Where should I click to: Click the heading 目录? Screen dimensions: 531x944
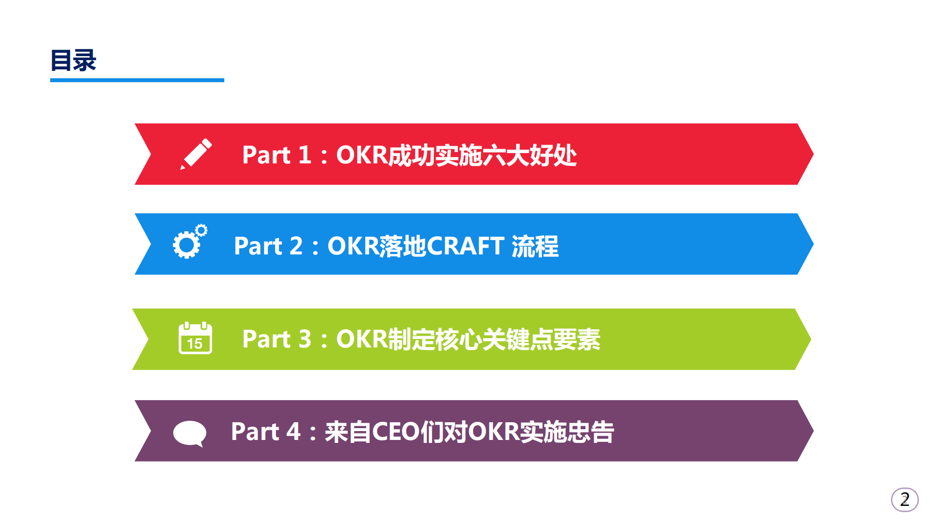tap(73, 61)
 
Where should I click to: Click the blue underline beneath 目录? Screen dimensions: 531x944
tap(137, 80)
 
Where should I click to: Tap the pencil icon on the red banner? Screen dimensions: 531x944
tap(196, 154)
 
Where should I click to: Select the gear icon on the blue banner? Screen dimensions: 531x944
tap(189, 242)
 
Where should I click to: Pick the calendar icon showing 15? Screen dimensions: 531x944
tap(195, 338)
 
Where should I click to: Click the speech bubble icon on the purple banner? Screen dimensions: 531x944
tap(189, 433)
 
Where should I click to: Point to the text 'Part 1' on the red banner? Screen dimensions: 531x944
tap(276, 155)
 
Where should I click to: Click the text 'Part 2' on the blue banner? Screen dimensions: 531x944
tap(268, 246)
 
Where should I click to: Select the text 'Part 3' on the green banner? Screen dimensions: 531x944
tap(276, 339)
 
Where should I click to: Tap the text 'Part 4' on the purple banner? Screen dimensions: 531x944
tap(265, 432)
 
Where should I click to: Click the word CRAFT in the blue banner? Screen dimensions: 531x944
tap(465, 246)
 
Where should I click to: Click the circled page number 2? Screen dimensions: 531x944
tap(904, 500)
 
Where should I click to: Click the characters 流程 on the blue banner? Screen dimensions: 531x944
tap(535, 246)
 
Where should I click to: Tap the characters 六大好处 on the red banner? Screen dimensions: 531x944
tap(529, 155)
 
